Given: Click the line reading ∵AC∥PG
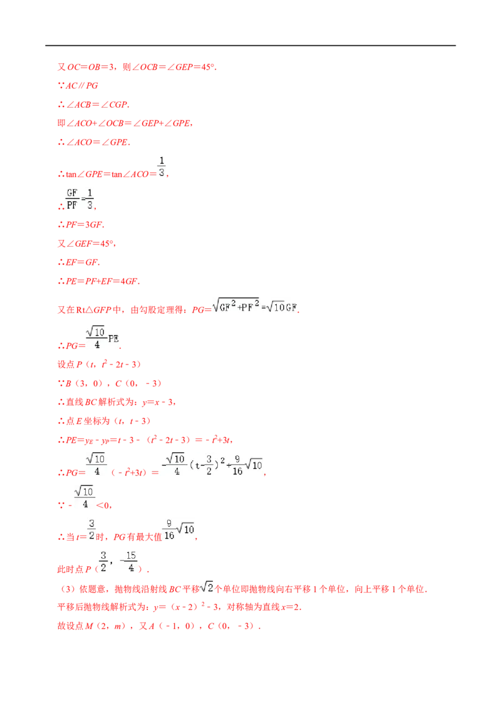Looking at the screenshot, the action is pyautogui.click(x=78, y=86).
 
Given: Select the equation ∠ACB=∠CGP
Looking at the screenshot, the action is pyautogui.click(x=98, y=105).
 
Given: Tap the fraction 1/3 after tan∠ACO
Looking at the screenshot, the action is pyautogui.click(x=162, y=167).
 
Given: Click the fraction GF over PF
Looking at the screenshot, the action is pyautogui.click(x=73, y=199).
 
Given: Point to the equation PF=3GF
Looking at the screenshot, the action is pyautogui.click(x=85, y=225).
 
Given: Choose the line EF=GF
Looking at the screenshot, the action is pyautogui.click(x=83, y=262).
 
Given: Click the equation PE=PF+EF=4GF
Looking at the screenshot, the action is pyautogui.click(x=103, y=281).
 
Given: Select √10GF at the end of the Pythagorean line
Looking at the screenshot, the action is pyautogui.click(x=282, y=308).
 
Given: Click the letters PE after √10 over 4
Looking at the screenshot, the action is pyautogui.click(x=113, y=339).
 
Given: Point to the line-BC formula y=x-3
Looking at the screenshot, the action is pyautogui.click(x=158, y=402).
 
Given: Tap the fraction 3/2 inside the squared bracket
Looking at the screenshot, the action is pyautogui.click(x=209, y=465).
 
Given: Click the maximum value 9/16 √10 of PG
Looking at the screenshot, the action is pyautogui.click(x=179, y=529).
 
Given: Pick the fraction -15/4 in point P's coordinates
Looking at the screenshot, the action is pyautogui.click(x=129, y=562).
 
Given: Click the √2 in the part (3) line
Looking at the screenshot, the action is pyautogui.click(x=207, y=587).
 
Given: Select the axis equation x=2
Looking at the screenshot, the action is pyautogui.click(x=291, y=608).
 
